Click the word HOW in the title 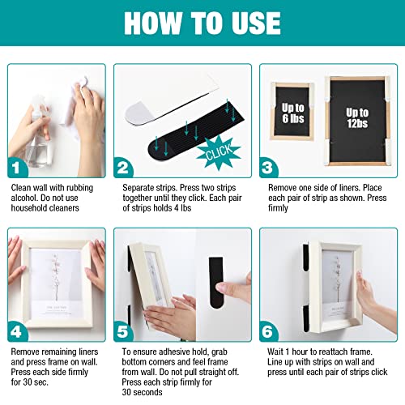[x=153, y=23]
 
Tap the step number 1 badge [x=17, y=168]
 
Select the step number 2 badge [x=123, y=168]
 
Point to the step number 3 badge [x=268, y=168]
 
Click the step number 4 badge [x=17, y=331]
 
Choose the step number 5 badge [x=123, y=331]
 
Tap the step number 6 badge [x=268, y=331]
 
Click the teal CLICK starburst [x=219, y=152]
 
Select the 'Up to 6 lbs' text [x=293, y=113]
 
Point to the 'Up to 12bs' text [x=357, y=118]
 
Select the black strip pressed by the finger [x=216, y=282]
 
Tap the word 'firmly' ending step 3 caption [x=278, y=208]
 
